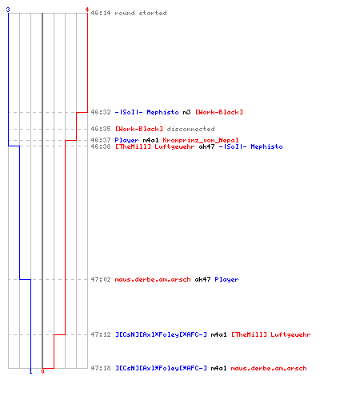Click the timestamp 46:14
101,13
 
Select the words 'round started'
141,13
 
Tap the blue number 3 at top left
8,10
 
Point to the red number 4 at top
87,10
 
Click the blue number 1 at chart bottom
30,371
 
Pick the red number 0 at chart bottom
42,371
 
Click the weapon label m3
186,112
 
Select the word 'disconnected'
190,129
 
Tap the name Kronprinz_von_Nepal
201,140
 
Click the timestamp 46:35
101,129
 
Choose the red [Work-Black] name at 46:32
219,112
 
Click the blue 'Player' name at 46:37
126,140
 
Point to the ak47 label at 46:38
206,146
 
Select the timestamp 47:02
101,279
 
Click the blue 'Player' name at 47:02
226,279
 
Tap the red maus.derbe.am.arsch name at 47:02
153,279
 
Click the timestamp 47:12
101,334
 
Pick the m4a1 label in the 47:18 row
218,368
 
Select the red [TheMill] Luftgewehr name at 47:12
270,334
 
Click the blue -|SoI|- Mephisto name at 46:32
146,112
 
